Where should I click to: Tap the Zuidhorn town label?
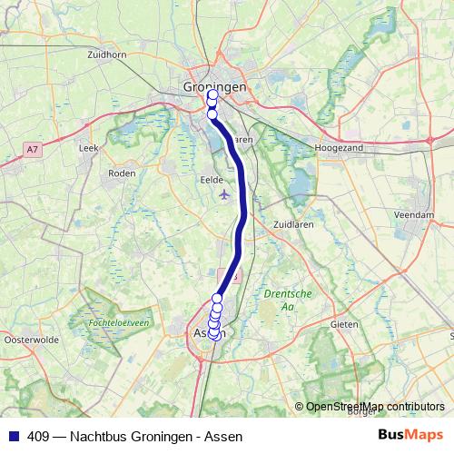[x=106, y=54]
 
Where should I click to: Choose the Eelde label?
[x=211, y=180]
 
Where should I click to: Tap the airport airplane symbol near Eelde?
[x=225, y=194]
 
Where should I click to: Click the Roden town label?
[x=122, y=173]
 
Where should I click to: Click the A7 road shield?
[x=33, y=148]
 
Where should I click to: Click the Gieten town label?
[x=344, y=323]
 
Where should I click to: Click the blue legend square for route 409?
[x=12, y=436]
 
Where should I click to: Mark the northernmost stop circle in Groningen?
[x=212, y=94]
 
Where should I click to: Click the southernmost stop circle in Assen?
[x=214, y=334]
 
